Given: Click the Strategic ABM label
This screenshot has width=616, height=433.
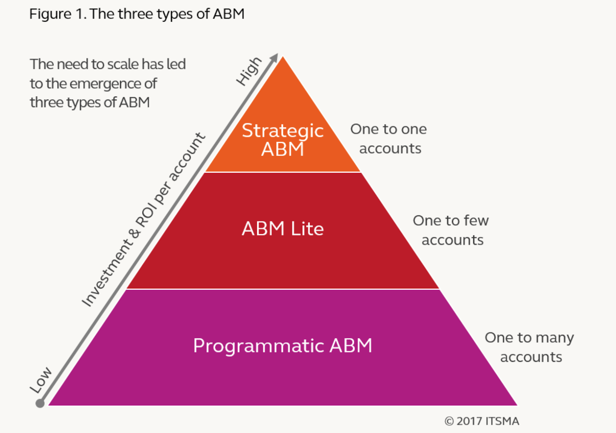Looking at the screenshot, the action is (283, 140).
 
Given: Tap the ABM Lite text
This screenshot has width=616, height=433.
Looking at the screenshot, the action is (283, 228).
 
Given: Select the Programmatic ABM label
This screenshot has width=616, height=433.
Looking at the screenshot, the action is (283, 346).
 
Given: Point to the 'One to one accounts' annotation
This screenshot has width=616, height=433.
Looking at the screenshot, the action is (388, 139).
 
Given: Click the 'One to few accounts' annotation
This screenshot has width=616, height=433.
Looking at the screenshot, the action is (451, 230).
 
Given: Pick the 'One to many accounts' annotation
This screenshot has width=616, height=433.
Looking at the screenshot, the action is (529, 347).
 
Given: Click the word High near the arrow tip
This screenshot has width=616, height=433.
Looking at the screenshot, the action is (249, 72).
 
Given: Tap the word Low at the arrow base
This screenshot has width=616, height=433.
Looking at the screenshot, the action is (41, 380).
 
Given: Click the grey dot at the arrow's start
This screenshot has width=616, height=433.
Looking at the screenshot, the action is (40, 403).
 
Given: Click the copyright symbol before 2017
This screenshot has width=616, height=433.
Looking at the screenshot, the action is (449, 421).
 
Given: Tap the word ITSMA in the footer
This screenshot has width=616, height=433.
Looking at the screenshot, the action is (502, 421).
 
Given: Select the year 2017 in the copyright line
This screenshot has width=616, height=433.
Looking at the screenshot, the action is (469, 421).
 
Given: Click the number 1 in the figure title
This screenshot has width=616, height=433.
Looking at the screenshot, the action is (80, 14).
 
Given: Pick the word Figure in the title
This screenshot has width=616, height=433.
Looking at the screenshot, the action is (50, 14).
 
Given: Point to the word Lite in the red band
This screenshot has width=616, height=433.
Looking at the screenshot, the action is (308, 228).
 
